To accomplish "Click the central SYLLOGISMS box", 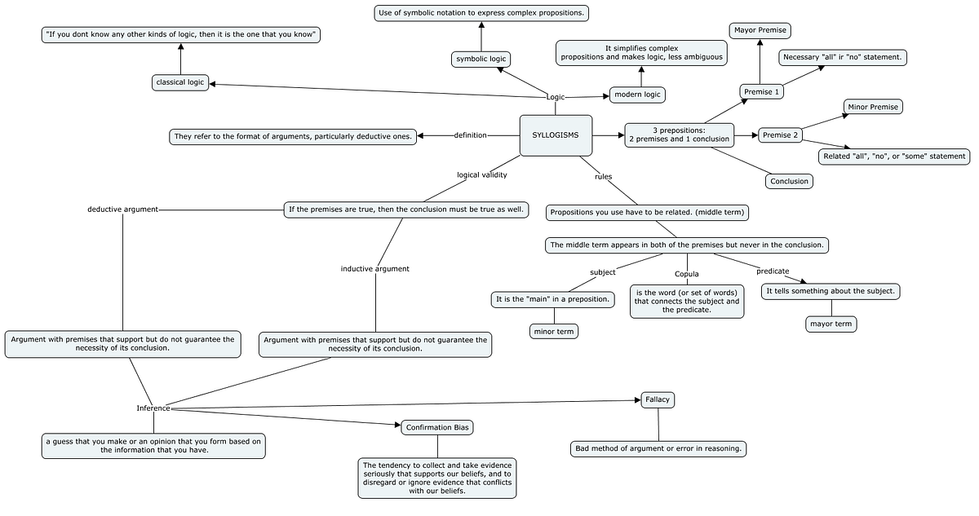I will [556, 135].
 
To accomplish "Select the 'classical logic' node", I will [180, 82].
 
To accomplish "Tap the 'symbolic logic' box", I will [481, 59].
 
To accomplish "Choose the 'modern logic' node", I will [637, 95].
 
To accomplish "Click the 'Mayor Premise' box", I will [760, 31].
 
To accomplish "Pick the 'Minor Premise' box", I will [873, 107].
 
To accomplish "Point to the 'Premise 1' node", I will [762, 92].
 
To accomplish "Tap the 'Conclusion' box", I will [789, 181].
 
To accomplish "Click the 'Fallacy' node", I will [658, 399].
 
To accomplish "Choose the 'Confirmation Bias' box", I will [437, 427].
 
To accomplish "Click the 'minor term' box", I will [553, 331].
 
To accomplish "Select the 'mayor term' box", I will [831, 324].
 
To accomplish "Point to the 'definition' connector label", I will [470, 135].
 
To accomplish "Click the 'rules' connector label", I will [604, 176].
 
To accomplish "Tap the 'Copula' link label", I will [686, 274].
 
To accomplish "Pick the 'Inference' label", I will [153, 408].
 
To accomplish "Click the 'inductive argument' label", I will [375, 268].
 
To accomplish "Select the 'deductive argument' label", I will [122, 209].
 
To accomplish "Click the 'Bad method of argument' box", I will [658, 448].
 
